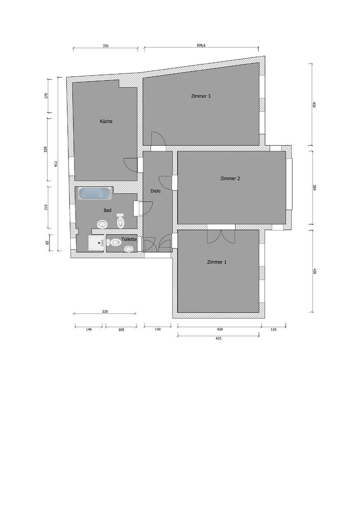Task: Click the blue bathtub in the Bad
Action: pyautogui.click(x=96, y=194)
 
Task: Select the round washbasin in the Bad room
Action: pyautogui.click(x=102, y=224)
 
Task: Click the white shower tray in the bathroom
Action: pyautogui.click(x=97, y=243)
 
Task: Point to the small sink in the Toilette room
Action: pyautogui.click(x=129, y=249)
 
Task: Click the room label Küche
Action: pyautogui.click(x=106, y=122)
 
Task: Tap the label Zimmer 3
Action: pyautogui.click(x=201, y=96)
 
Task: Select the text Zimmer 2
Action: pyautogui.click(x=230, y=178)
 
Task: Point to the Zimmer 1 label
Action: pyautogui.click(x=217, y=262)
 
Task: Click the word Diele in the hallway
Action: pyautogui.click(x=155, y=191)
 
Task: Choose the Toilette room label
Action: pyautogui.click(x=129, y=239)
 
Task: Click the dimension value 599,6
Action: pyautogui.click(x=201, y=46)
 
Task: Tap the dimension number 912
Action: pyautogui.click(x=56, y=164)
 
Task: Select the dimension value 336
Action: pyautogui.click(x=106, y=46)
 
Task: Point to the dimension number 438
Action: pyautogui.click(x=220, y=329)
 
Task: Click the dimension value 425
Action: pyautogui.click(x=219, y=338)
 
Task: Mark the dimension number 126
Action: pyautogui.click(x=273, y=329)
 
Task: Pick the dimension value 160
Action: pyautogui.click(x=121, y=329)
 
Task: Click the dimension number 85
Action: pyautogui.click(x=47, y=243)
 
